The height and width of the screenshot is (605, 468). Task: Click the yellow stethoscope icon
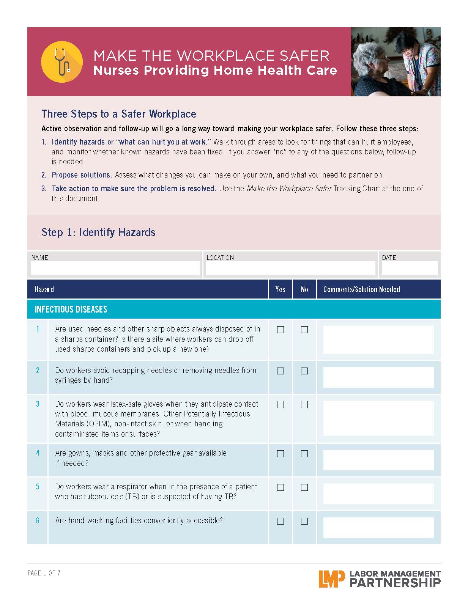coord(61,61)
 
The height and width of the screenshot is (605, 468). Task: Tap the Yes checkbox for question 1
coord(280,330)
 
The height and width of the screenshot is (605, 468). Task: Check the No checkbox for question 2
coord(304,371)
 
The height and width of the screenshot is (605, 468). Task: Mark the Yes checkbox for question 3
coord(280,405)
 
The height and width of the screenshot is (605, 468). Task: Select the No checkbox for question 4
coord(304,454)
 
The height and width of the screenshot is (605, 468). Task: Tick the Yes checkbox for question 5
coord(280,487)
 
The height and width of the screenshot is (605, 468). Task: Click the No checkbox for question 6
coord(304,521)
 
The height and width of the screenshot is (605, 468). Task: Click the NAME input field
coord(115,268)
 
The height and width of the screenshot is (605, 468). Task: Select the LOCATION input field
coord(290,268)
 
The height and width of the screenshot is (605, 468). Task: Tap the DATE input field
coord(409,268)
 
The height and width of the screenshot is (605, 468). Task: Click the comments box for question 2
coord(378,377)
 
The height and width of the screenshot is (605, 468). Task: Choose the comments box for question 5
coord(378,494)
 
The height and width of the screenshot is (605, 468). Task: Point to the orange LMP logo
coord(332,579)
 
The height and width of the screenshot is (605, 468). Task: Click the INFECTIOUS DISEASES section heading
coord(71,309)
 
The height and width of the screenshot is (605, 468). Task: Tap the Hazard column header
coord(44,289)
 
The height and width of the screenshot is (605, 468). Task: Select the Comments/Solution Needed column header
coord(361,289)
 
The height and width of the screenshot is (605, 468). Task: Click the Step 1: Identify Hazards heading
coord(98,232)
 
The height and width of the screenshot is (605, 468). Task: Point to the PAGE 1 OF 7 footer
coord(44,573)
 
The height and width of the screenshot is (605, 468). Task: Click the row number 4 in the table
coord(38,453)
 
